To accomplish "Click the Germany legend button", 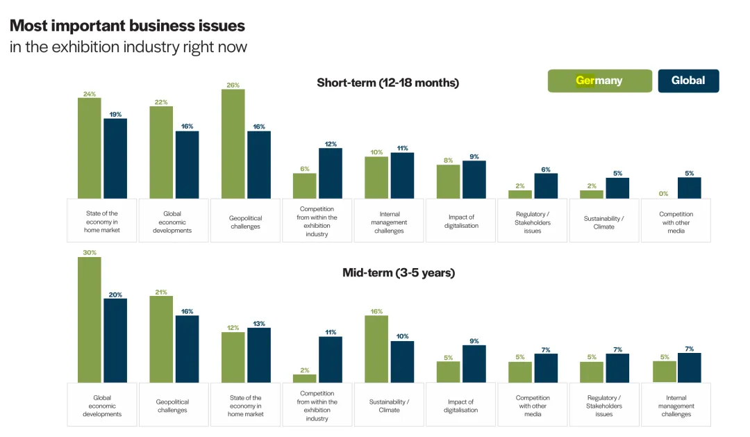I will (x=599, y=81).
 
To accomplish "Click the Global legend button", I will (x=688, y=81).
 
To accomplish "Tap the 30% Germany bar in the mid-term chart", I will (x=90, y=320).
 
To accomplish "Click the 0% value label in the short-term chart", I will (x=664, y=194).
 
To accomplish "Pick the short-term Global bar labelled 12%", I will (x=331, y=173).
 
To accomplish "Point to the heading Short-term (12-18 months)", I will (x=387, y=83).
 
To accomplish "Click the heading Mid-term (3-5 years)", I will (x=398, y=272).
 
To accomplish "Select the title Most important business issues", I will (x=127, y=26).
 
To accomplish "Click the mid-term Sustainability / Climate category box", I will (x=389, y=406).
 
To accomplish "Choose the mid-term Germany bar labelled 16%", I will (x=376, y=349).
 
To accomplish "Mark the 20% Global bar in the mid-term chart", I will (x=115, y=340).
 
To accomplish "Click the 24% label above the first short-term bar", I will (x=90, y=94).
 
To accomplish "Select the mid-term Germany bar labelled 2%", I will (x=305, y=379).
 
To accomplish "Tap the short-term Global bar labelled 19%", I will (x=115, y=158).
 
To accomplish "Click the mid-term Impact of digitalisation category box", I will (x=461, y=406).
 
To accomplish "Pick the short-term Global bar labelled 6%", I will (x=546, y=185).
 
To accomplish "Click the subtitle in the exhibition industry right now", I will (x=128, y=47).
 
